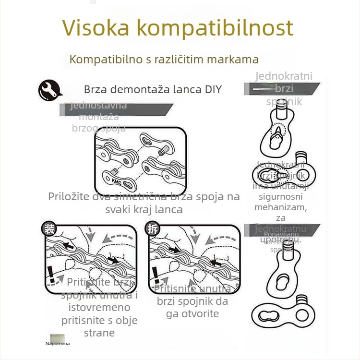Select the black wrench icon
point(49,90)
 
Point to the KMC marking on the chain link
point(117,181)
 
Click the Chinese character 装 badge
point(48,228)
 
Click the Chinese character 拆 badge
point(153,229)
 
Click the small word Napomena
point(58,343)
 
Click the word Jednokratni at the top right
point(284,76)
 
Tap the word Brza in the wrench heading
point(95,90)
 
